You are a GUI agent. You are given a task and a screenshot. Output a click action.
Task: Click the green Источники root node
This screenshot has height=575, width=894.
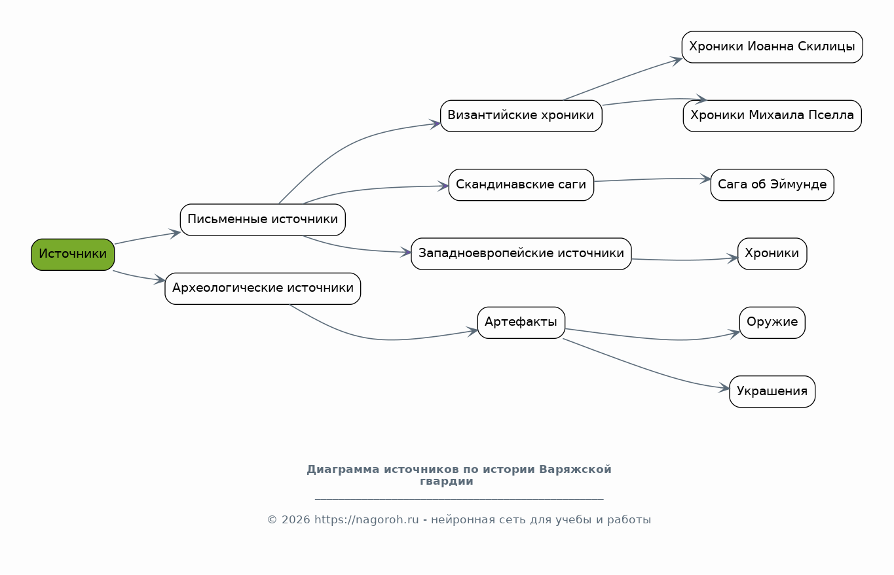(x=73, y=255)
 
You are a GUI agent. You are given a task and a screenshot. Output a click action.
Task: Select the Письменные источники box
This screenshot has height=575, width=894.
(x=263, y=220)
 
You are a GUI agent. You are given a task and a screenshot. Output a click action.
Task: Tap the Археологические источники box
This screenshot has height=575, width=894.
(x=263, y=288)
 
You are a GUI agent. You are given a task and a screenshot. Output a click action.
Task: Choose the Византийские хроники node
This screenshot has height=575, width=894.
(x=521, y=116)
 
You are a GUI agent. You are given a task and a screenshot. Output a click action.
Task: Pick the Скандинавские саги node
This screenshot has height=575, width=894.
(x=521, y=185)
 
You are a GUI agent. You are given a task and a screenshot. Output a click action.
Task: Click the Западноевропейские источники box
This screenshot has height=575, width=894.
(x=521, y=254)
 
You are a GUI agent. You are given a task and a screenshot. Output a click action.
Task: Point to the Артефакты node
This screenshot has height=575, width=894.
(x=521, y=322)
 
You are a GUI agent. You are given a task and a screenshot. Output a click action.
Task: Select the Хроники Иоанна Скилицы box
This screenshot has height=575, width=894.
(x=772, y=47)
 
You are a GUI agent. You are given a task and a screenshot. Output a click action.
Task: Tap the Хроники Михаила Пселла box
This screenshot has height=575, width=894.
(x=772, y=116)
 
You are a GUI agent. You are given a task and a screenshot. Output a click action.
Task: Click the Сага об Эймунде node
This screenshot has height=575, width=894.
(x=772, y=185)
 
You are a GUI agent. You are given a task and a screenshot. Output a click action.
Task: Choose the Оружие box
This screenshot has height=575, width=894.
(x=772, y=322)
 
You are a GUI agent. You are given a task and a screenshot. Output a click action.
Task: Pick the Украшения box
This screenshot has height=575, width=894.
(x=772, y=392)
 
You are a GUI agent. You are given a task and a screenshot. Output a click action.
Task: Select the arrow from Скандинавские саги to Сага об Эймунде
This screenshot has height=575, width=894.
(x=652, y=179)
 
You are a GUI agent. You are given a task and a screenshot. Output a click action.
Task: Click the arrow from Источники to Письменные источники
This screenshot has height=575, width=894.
(x=147, y=237)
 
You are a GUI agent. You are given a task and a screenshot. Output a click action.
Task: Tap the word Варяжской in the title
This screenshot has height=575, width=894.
(x=575, y=470)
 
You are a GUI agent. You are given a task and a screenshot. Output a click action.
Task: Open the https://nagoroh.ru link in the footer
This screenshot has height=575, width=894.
(x=366, y=520)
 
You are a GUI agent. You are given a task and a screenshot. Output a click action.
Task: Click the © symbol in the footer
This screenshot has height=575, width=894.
(x=272, y=520)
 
